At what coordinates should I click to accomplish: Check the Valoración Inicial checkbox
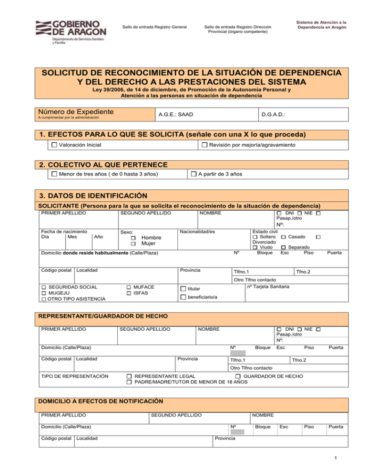point(54,145)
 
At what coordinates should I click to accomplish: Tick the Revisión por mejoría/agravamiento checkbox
point(204,145)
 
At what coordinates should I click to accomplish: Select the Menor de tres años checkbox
point(54,174)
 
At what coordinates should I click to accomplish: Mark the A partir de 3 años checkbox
point(193,174)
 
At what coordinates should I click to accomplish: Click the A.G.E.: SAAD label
point(176,115)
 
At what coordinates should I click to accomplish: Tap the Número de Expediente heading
point(75,112)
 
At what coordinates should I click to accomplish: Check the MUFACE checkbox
point(129,287)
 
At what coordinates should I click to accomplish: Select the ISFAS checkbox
point(129,294)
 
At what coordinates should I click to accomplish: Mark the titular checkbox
point(183,289)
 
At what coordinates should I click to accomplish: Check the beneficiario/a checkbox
point(183,298)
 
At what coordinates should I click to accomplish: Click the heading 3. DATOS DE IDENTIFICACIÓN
point(90,196)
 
